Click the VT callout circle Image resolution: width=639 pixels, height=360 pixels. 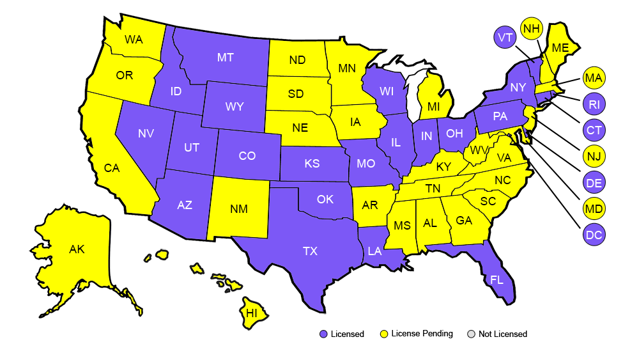click(x=505, y=38)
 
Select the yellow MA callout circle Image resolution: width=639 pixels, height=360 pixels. click(x=594, y=79)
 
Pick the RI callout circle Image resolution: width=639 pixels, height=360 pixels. click(x=594, y=104)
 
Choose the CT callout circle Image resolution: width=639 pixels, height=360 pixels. click(x=594, y=130)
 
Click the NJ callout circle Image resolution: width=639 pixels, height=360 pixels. click(x=594, y=156)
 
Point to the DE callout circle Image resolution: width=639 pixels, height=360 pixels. click(x=594, y=183)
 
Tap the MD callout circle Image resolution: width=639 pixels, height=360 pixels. click(x=594, y=208)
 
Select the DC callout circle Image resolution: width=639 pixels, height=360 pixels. click(x=594, y=235)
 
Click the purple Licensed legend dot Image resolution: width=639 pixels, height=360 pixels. click(x=323, y=334)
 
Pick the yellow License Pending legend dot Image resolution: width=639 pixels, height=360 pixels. click(x=384, y=334)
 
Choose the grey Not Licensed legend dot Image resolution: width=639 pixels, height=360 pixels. click(x=472, y=334)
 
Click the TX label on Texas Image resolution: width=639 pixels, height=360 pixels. click(x=310, y=251)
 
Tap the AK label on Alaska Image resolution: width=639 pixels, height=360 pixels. click(x=77, y=249)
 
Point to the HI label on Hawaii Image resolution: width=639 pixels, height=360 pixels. click(x=252, y=313)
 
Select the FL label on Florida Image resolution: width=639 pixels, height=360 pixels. click(x=497, y=280)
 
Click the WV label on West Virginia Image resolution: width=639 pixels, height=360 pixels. click(x=476, y=151)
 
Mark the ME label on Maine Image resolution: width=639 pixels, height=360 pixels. click(x=560, y=48)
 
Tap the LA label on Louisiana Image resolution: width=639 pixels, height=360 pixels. click(x=374, y=251)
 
